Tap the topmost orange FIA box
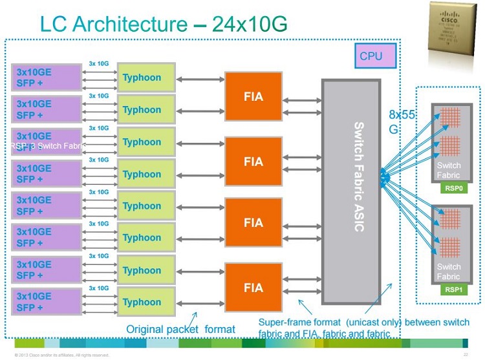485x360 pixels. click(x=253, y=97)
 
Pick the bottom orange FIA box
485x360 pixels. click(x=253, y=287)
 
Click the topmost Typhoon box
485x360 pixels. click(x=145, y=78)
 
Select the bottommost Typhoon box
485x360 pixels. click(x=145, y=302)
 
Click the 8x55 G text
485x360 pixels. click(x=400, y=121)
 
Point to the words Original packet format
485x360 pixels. click(x=180, y=330)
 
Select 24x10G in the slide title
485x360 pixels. click(x=252, y=24)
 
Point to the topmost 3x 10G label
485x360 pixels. click(x=99, y=64)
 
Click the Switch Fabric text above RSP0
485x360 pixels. click(x=448, y=171)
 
